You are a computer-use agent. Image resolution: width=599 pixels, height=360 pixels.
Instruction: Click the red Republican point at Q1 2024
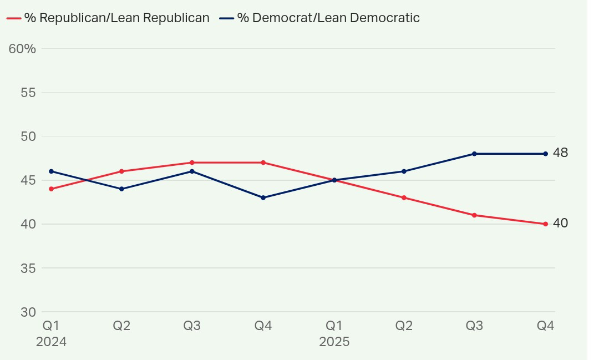coord(51,189)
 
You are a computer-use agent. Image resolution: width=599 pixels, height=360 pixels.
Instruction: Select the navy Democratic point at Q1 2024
coord(51,171)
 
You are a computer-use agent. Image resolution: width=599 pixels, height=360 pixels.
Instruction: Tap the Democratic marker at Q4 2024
coord(263,197)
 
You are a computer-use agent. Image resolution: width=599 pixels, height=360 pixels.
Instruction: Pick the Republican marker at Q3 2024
coord(192,163)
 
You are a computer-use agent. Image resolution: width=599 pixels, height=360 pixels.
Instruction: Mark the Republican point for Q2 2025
coord(404,197)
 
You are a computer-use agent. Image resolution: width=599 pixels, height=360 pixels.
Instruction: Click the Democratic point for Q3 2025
coord(474,154)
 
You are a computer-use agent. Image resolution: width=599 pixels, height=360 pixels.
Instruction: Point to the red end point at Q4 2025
coord(545,224)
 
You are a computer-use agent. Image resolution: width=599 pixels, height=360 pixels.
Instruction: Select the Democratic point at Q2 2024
coord(121,189)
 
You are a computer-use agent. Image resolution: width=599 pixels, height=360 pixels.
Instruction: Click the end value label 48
coord(560,153)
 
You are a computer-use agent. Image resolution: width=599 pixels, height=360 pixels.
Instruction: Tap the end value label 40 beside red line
coord(560,223)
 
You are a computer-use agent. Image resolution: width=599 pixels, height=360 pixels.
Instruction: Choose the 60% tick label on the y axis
coord(23,49)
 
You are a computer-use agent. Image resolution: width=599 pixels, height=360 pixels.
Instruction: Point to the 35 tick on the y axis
coord(28,268)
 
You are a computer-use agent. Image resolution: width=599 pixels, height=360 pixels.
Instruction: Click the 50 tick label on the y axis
coord(28,136)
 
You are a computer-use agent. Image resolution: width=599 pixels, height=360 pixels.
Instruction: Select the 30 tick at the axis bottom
coord(28,312)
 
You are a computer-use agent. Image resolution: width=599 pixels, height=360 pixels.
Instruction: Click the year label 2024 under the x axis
coord(51,342)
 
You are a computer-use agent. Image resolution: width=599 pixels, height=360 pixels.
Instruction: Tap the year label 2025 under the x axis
coord(334,342)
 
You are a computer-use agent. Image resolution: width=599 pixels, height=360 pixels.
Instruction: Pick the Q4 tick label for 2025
coord(545,326)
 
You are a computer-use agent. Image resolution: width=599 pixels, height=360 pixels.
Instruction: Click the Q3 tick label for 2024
coord(192,326)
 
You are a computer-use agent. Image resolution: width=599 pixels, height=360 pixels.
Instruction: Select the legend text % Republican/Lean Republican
coord(116,18)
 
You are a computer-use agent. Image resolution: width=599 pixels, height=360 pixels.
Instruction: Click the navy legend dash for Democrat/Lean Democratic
coord(226,18)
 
